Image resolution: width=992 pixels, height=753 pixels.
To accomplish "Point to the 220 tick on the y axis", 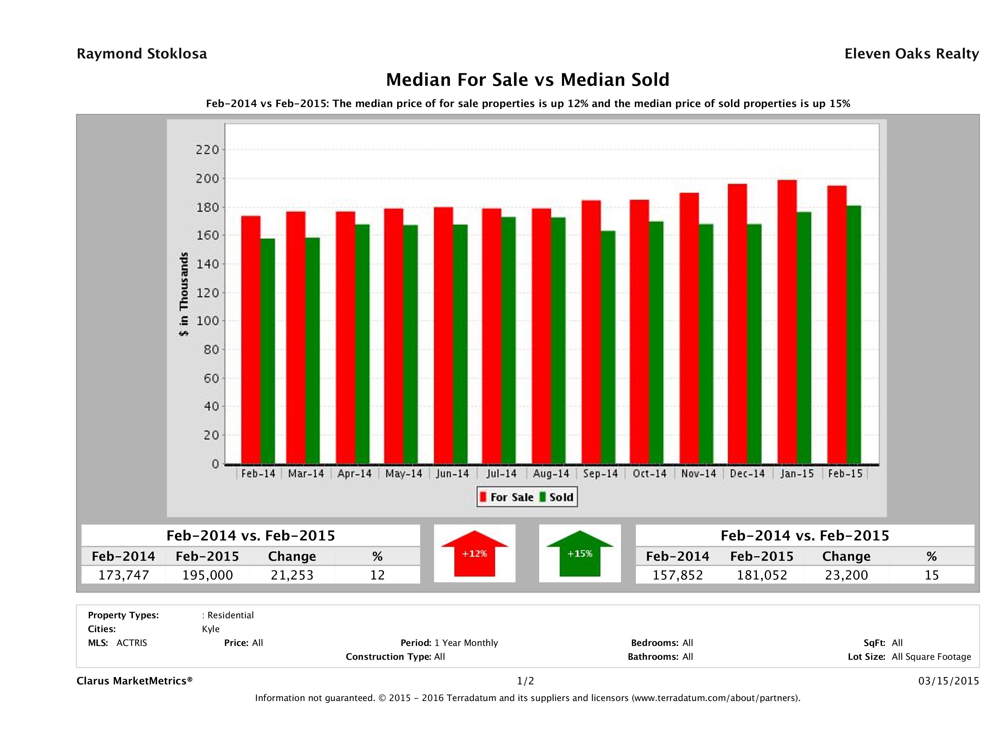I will tap(207, 149).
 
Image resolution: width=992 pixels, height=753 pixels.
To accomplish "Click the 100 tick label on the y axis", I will tap(207, 321).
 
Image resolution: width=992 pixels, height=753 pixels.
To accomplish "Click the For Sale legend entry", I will tap(507, 497).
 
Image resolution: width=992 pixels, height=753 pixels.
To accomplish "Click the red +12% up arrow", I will tap(474, 553).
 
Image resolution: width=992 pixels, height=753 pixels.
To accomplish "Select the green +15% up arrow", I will tap(580, 553).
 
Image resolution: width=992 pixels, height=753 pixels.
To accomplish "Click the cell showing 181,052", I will tap(762, 575).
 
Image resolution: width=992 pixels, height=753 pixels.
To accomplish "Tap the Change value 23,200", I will tap(846, 575).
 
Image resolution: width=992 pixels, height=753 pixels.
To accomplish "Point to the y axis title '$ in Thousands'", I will tap(184, 294).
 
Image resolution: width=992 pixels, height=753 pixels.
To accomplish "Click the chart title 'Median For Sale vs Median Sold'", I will tap(528, 80).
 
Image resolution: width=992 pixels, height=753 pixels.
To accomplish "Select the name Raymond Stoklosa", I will tap(142, 54).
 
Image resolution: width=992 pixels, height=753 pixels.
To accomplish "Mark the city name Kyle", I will tap(211, 629).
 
